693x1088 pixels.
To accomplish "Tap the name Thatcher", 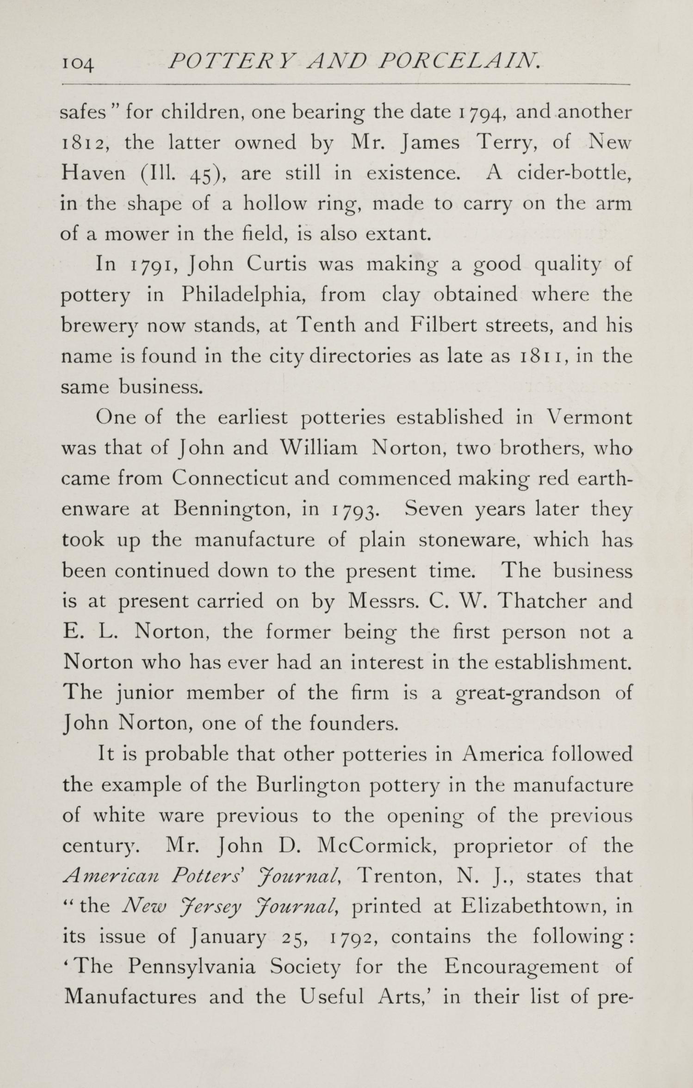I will click(x=545, y=601).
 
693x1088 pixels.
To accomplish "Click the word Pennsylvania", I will click(x=192, y=969).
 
